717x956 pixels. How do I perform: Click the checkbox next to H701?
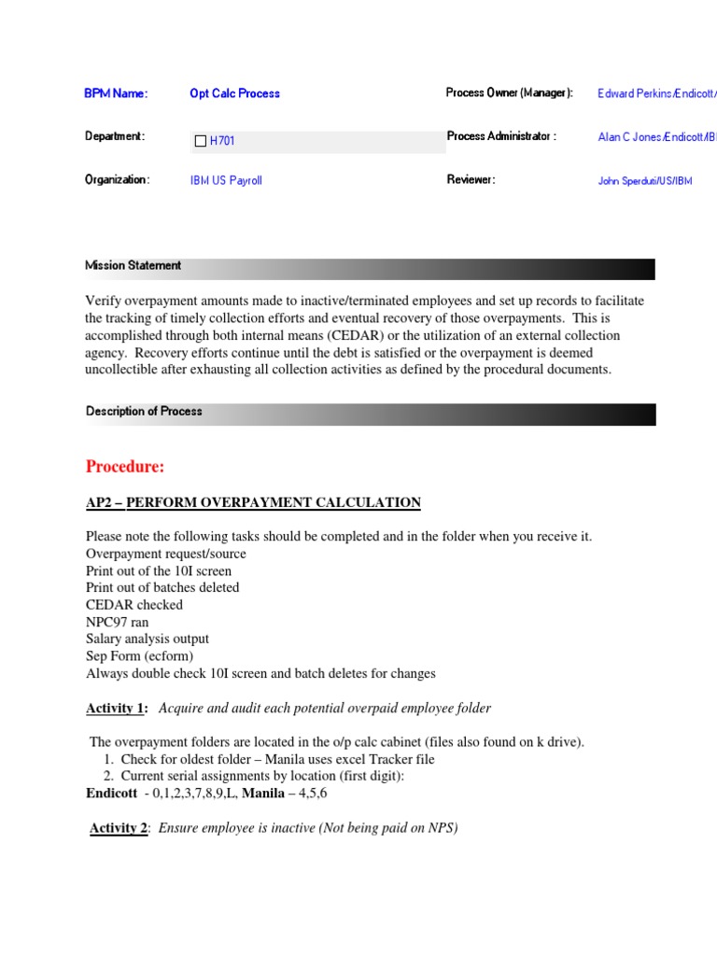click(x=200, y=141)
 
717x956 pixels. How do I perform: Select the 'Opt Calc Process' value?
click(x=234, y=93)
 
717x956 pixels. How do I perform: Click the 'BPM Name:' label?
click(x=116, y=93)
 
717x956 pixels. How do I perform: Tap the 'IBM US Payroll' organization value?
click(x=226, y=180)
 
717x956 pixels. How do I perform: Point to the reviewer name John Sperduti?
click(x=645, y=181)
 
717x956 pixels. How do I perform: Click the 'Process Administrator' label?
click(x=501, y=136)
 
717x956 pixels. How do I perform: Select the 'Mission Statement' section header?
click(x=134, y=266)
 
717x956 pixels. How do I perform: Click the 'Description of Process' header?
click(x=144, y=412)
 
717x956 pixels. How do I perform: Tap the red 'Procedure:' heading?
click(x=125, y=467)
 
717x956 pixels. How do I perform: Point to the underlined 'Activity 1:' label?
click(x=117, y=709)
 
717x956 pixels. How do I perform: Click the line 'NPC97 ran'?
click(x=117, y=622)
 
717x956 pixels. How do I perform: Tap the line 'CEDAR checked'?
click(x=134, y=605)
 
